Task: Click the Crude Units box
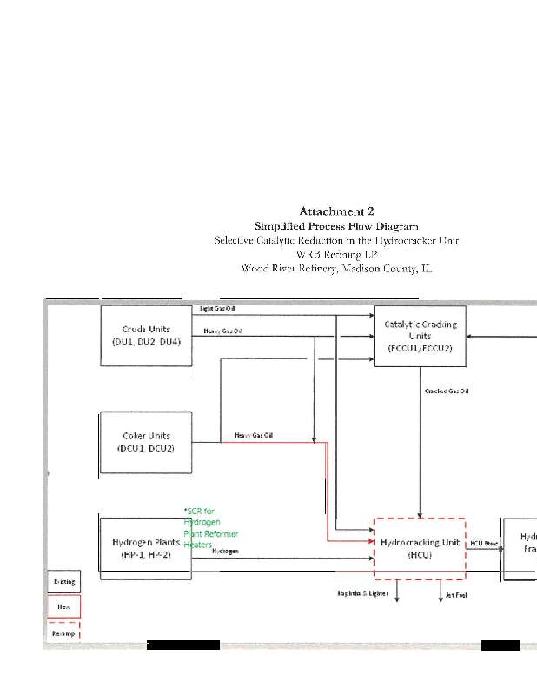click(146, 335)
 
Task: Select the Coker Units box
click(146, 442)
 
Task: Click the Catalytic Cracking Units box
click(420, 336)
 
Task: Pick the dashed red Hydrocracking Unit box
click(420, 548)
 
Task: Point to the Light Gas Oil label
click(217, 309)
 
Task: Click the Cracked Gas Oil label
click(447, 391)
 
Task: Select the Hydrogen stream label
click(226, 552)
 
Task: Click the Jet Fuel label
click(456, 595)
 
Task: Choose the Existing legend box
click(63, 581)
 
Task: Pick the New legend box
click(63, 606)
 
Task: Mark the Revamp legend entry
click(63, 632)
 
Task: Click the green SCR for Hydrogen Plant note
click(210, 527)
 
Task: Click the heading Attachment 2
click(337, 211)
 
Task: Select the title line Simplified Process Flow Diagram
click(336, 225)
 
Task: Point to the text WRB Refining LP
click(336, 254)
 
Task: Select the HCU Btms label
click(484, 544)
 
